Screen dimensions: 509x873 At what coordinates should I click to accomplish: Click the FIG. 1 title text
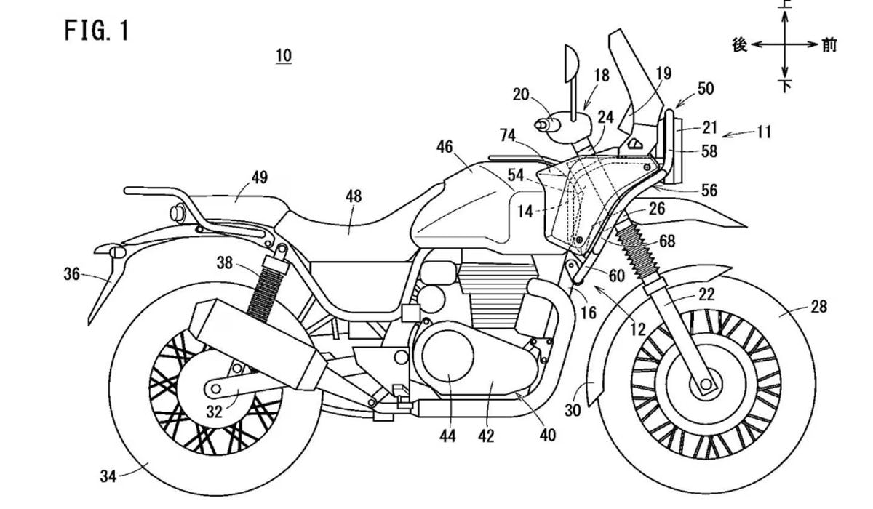[x=96, y=31]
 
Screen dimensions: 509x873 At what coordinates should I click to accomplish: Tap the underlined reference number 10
[x=284, y=56]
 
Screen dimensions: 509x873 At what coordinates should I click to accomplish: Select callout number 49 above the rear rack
[x=260, y=177]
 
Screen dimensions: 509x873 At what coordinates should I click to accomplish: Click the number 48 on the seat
[x=353, y=196]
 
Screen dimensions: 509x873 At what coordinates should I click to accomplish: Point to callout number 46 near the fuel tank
[x=445, y=148]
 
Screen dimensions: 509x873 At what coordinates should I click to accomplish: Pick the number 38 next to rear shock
[x=225, y=263]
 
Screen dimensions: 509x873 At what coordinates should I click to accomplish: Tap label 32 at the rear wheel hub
[x=214, y=412]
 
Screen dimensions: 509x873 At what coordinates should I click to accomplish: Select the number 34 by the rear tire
[x=108, y=476]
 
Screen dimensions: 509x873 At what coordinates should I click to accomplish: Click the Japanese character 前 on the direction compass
[x=829, y=45]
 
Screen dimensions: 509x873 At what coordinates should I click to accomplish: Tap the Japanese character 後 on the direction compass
[x=740, y=45]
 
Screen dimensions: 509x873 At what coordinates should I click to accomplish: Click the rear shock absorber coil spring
[x=262, y=291]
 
